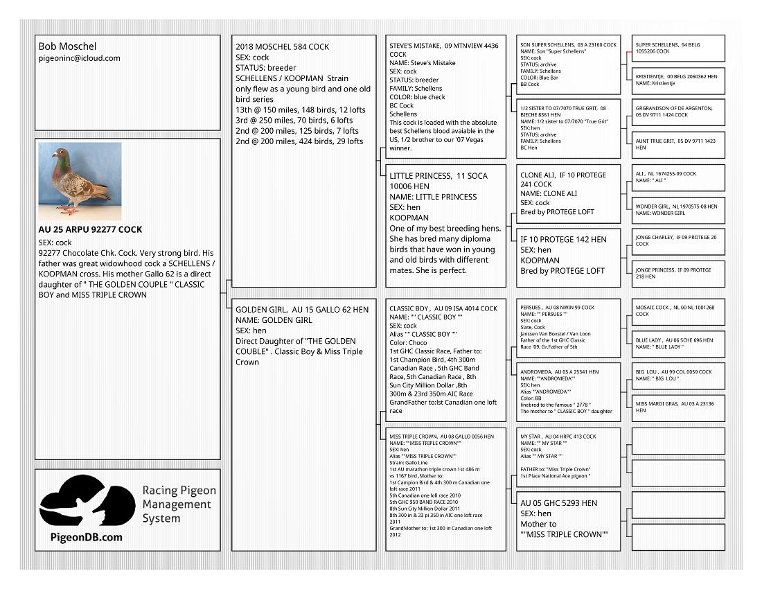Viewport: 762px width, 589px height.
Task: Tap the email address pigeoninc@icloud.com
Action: (x=79, y=58)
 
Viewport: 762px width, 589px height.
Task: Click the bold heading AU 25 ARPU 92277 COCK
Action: (x=91, y=229)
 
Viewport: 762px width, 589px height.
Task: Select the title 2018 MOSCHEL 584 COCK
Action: (x=282, y=47)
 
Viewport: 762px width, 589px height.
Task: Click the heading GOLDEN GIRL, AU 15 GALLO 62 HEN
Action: (x=302, y=310)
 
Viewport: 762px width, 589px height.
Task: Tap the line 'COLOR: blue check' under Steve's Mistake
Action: (x=417, y=97)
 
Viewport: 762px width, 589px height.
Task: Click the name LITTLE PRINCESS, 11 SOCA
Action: (x=438, y=176)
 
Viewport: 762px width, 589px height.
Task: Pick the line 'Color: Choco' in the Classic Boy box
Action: (x=408, y=342)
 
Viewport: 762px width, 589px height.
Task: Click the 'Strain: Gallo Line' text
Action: (x=409, y=463)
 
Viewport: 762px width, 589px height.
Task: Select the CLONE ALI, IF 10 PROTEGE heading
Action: (x=563, y=175)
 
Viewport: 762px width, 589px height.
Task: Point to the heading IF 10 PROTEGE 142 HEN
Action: (x=563, y=239)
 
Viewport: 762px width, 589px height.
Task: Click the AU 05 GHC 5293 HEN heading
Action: (x=558, y=502)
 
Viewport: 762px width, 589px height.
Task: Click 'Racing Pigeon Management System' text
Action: (x=179, y=504)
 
